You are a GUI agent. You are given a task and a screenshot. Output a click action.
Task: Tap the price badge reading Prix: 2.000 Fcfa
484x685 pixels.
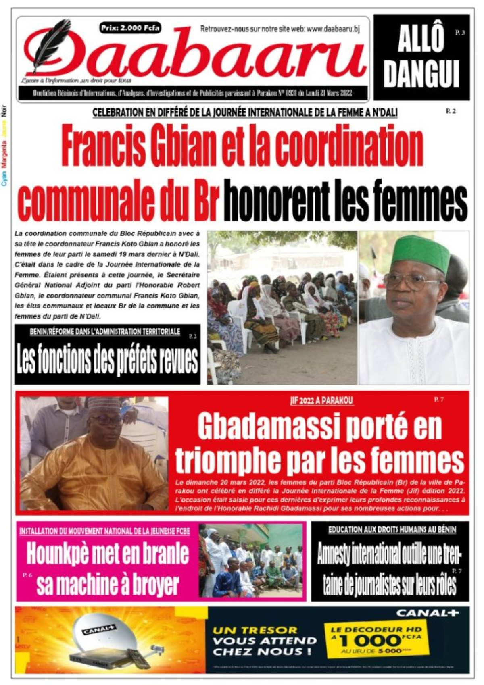pyautogui.click(x=130, y=28)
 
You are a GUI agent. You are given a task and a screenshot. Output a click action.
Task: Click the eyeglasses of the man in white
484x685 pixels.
pyautogui.click(x=409, y=281)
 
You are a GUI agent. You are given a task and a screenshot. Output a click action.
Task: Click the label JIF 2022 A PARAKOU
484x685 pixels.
pyautogui.click(x=321, y=401)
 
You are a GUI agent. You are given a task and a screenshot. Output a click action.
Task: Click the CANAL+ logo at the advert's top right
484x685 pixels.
pyautogui.click(x=427, y=613)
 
